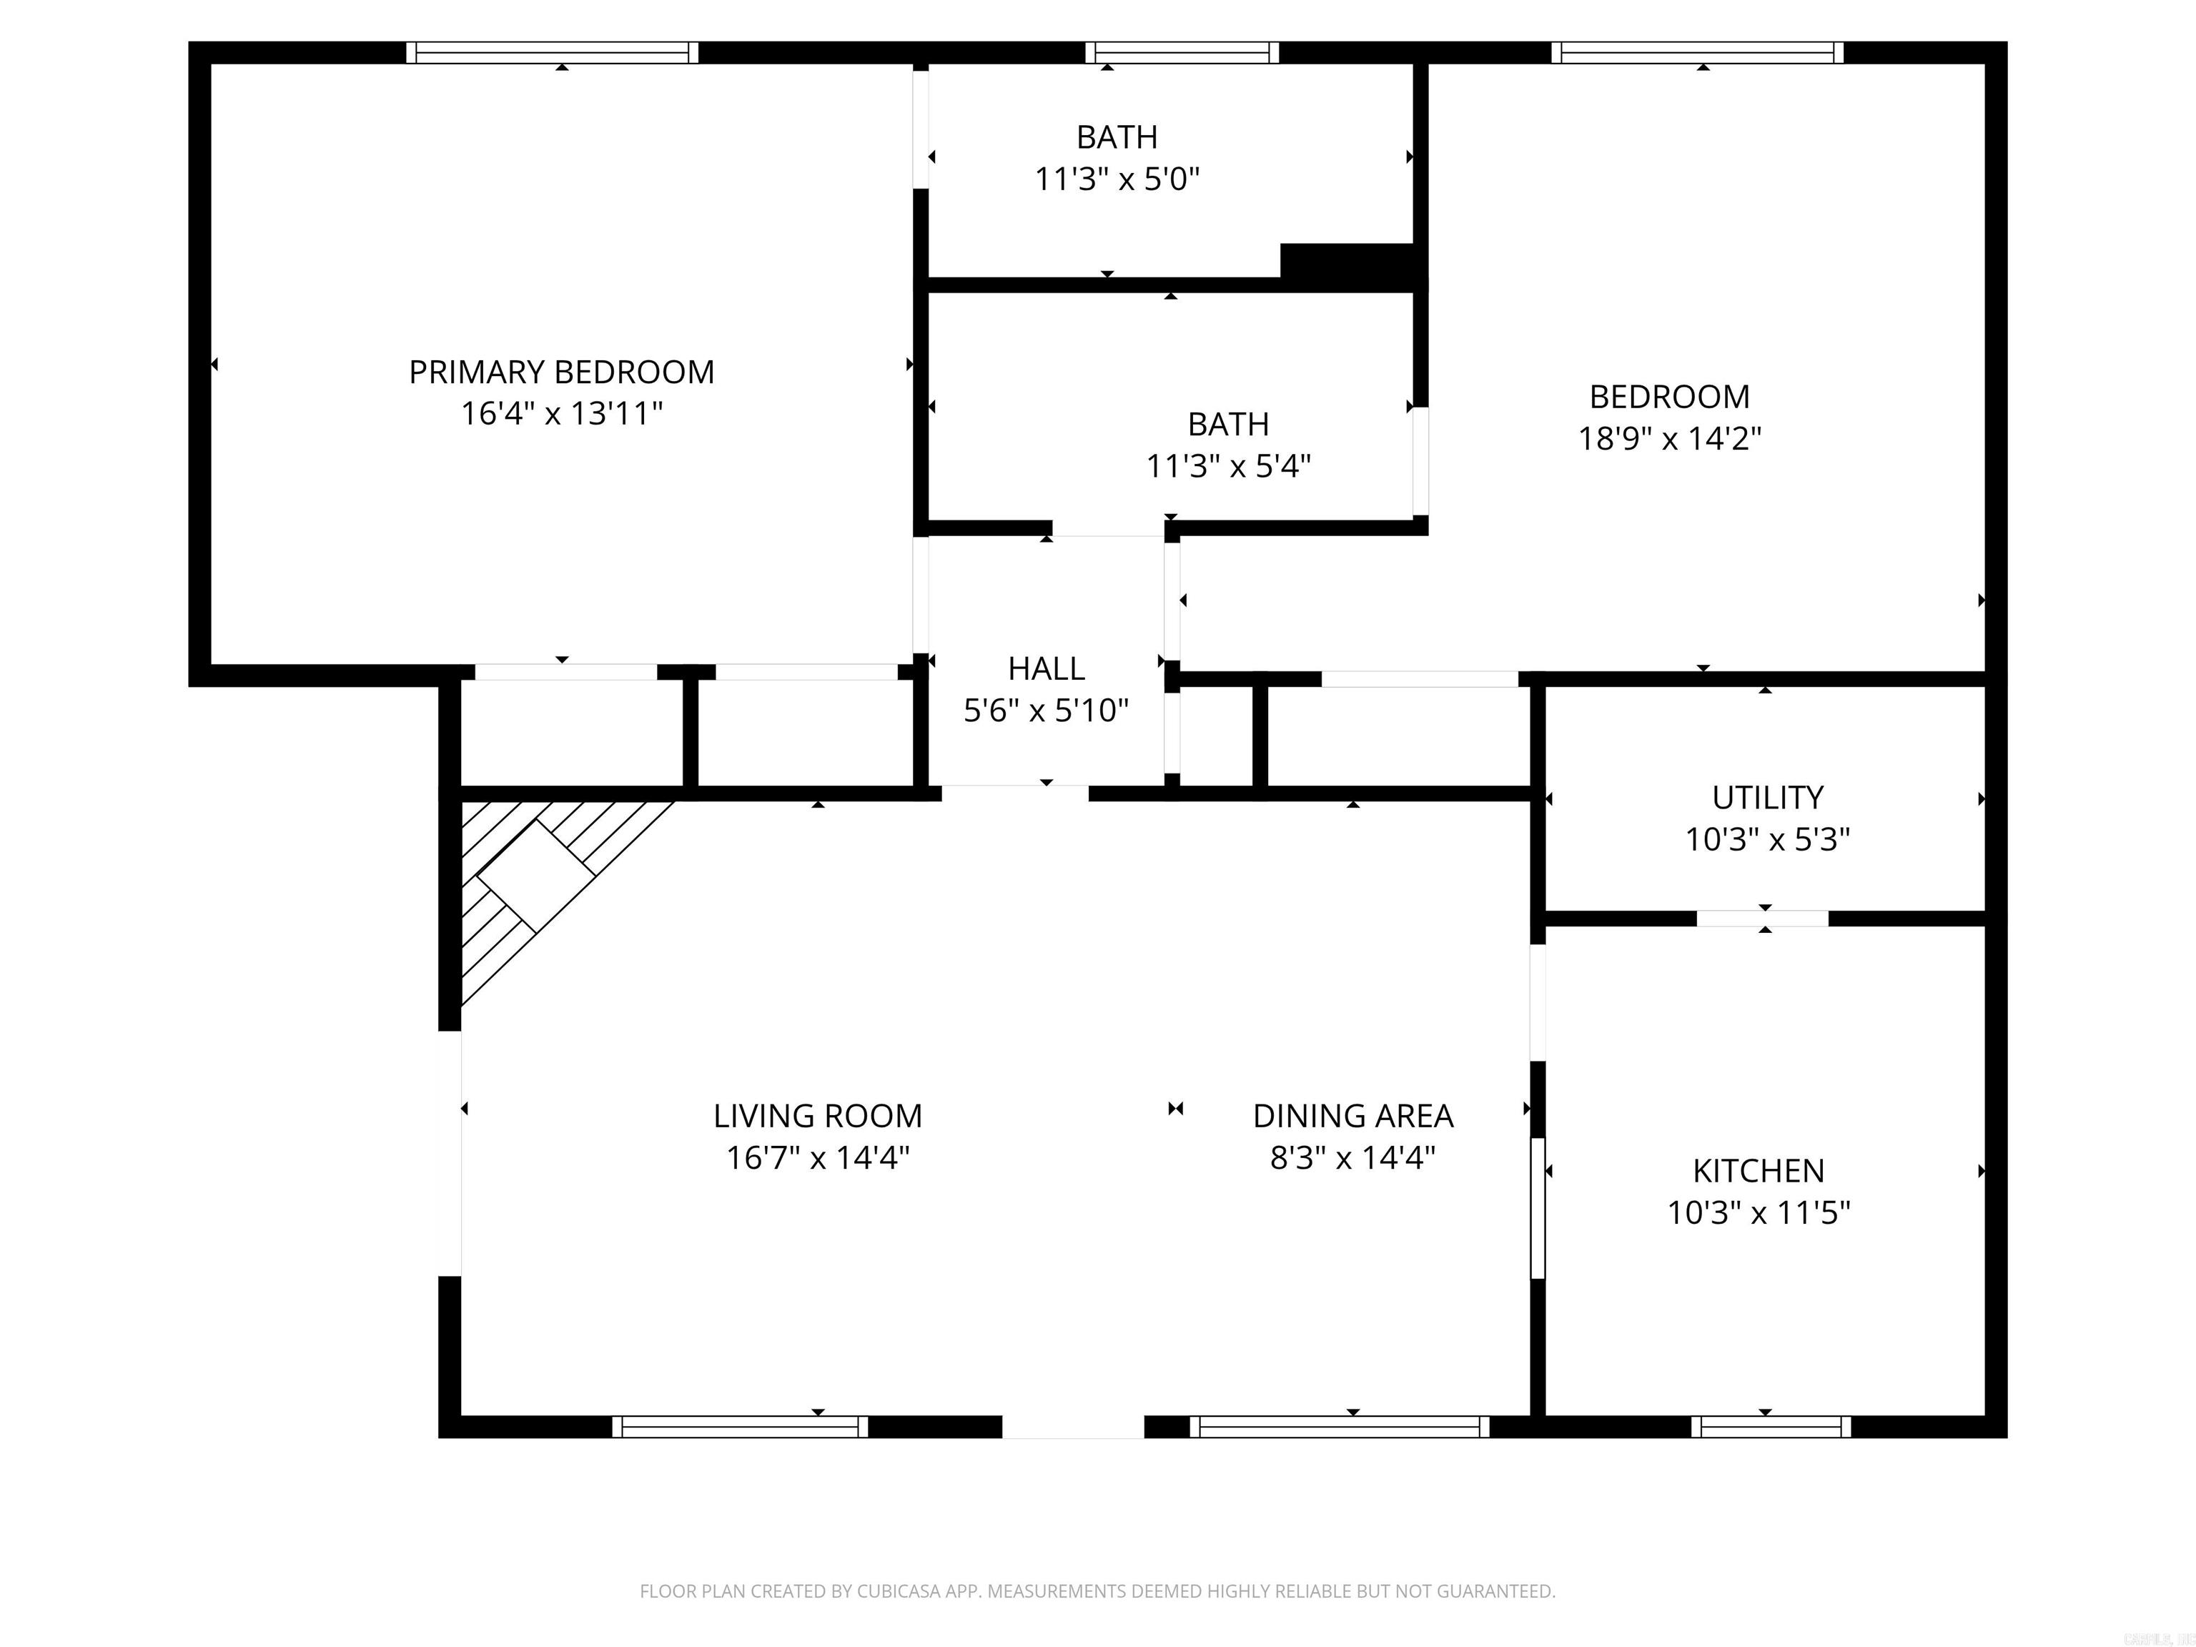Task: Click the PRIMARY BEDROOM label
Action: (561, 372)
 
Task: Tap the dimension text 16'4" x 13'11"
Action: (561, 414)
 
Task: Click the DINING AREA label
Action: (1352, 1117)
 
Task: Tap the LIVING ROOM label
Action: (817, 1117)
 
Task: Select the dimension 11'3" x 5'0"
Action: (1117, 179)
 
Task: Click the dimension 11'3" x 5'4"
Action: (1228, 465)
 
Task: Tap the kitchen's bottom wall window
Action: (1771, 1427)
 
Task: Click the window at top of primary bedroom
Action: (552, 53)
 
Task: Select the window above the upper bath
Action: (1182, 53)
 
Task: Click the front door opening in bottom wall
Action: (1072, 1427)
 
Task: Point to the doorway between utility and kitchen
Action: (1762, 919)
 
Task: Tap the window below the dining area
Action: (1339, 1427)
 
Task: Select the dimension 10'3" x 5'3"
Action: (1767, 840)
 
